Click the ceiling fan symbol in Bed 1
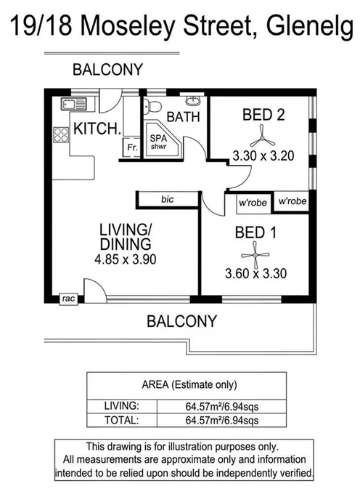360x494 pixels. click(x=255, y=252)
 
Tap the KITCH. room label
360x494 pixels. click(x=97, y=130)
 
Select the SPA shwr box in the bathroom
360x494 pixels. click(x=158, y=142)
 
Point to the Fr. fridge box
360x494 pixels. click(x=131, y=147)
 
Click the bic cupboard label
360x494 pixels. click(x=168, y=198)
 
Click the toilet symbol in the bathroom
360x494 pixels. click(x=152, y=107)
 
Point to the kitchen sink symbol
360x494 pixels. click(x=74, y=105)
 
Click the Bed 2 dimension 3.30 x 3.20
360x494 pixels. click(x=263, y=155)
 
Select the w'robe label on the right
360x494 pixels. click(x=292, y=201)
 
